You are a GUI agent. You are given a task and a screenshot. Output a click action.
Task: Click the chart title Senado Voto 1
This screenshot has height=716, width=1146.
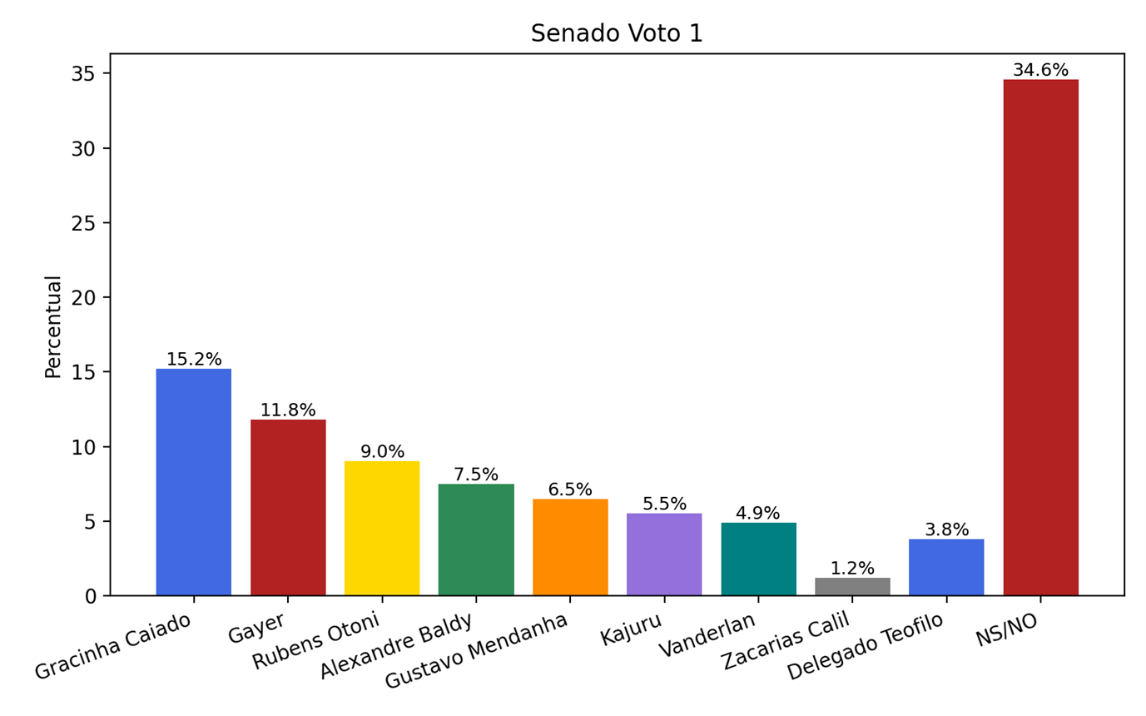(617, 33)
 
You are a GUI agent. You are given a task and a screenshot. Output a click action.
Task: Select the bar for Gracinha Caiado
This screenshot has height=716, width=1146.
(193, 482)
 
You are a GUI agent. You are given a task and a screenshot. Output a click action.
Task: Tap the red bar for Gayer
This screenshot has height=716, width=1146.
(288, 507)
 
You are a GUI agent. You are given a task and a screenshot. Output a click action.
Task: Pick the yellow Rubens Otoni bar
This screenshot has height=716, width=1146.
(382, 528)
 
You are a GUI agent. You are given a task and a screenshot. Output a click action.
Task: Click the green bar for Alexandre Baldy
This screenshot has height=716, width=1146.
(476, 539)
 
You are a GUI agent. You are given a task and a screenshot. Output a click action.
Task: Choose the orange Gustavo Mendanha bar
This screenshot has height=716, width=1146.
(570, 547)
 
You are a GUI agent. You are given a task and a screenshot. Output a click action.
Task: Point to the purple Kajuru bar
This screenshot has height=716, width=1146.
(664, 554)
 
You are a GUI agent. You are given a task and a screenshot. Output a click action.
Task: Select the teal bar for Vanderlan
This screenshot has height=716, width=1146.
(758, 559)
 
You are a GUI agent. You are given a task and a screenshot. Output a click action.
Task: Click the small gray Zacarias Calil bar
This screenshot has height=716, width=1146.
(852, 587)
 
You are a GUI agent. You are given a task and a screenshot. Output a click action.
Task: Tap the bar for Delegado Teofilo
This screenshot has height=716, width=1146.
(946, 567)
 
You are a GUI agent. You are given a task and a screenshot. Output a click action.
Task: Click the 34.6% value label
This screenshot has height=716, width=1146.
(1040, 71)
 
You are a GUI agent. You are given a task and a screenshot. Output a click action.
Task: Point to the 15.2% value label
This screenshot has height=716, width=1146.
(194, 360)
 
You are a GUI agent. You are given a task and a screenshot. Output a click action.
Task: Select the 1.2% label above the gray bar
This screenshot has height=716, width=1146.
(852, 569)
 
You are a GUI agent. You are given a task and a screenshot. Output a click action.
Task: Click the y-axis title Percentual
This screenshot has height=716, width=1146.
(53, 326)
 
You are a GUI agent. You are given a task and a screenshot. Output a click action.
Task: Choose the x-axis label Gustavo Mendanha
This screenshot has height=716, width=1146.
(476, 651)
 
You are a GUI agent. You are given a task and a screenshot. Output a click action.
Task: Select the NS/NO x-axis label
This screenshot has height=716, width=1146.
(1008, 630)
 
